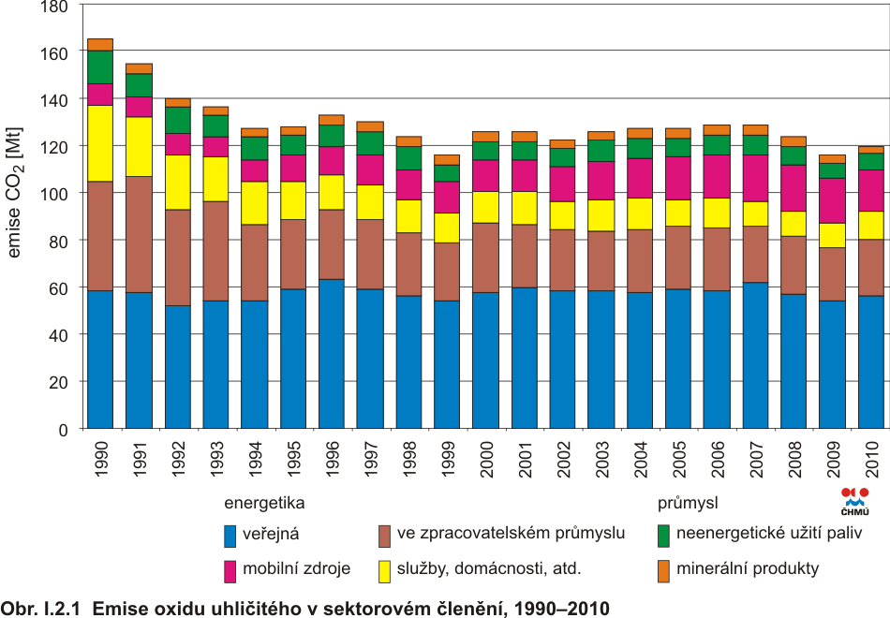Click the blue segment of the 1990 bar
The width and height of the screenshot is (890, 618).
tap(100, 360)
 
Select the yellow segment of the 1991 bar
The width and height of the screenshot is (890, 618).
tap(139, 146)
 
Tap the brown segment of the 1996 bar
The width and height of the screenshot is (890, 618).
tap(332, 244)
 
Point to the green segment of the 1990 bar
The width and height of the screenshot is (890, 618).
tap(100, 66)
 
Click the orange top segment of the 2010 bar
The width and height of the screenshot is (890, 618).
tap(871, 149)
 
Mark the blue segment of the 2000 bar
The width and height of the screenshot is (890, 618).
tap(485, 360)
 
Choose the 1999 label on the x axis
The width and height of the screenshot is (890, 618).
tap(448, 457)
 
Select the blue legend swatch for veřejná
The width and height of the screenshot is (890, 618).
tap(230, 536)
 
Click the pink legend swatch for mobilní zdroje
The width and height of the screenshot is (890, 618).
tap(230, 570)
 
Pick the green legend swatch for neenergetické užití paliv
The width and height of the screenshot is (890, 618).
tap(663, 536)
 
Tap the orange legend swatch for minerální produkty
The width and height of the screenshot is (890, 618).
tap(663, 570)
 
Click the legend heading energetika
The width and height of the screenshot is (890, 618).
tap(264, 503)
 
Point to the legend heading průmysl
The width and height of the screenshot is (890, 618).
tap(687, 503)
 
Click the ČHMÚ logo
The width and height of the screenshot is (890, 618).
tap(854, 501)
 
